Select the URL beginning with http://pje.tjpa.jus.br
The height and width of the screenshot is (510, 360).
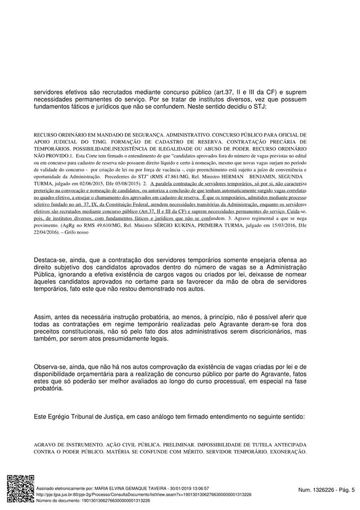(143, 494)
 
